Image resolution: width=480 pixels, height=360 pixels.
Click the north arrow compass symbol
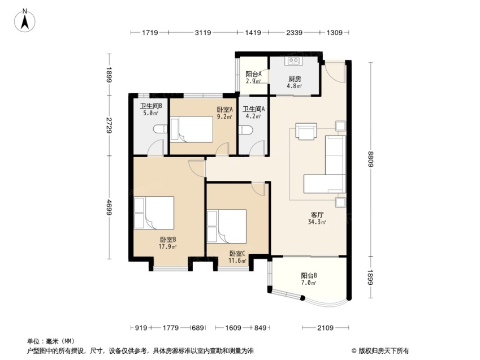click(x=25, y=21)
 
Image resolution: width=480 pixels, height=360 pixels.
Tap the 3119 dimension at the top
click(x=203, y=32)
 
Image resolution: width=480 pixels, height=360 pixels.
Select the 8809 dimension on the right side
click(x=371, y=159)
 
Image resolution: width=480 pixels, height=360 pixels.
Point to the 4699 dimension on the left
click(x=109, y=207)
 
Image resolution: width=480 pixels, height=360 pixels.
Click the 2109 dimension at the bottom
click(x=325, y=328)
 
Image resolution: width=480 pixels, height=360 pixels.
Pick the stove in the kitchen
click(x=293, y=60)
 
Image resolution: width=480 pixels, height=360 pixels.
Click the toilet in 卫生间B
click(x=160, y=129)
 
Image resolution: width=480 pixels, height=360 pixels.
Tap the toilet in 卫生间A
click(x=246, y=130)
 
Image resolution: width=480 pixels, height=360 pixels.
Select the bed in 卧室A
click(x=192, y=129)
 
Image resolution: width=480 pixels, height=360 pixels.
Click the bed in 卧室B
click(x=154, y=212)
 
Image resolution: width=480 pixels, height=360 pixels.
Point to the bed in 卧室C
click(x=227, y=226)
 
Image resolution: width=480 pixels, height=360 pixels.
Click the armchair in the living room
click(x=306, y=131)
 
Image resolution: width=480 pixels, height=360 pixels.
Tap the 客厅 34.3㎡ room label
click(x=317, y=218)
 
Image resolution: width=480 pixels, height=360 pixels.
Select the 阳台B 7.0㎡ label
click(x=309, y=279)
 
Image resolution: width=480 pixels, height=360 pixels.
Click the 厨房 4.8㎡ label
click(x=295, y=82)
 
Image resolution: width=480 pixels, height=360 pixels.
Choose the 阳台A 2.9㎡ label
click(x=253, y=77)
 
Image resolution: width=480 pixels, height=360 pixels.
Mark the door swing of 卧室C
click(x=258, y=189)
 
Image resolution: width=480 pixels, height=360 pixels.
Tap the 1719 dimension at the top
click(x=150, y=32)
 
